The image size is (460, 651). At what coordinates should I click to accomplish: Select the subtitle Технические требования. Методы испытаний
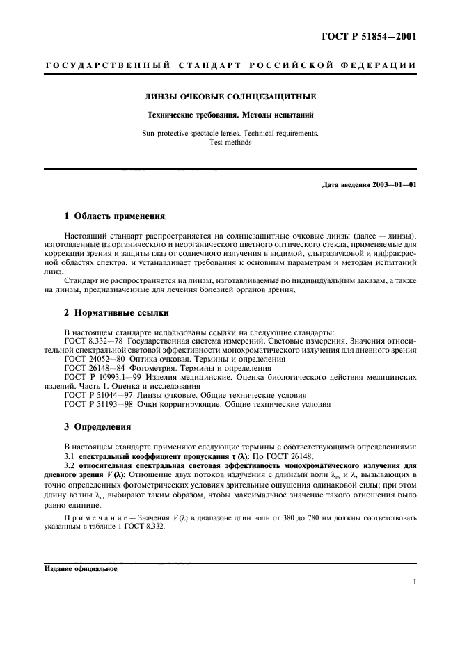pyautogui.click(x=230, y=114)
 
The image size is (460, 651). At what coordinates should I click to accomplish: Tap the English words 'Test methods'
pyautogui.click(x=230, y=141)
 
